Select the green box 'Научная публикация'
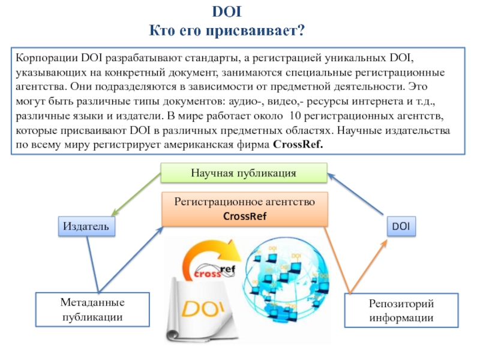[x=244, y=173]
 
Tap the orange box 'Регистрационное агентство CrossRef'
[x=244, y=209]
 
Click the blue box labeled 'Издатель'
[x=86, y=226]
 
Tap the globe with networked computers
[x=288, y=279]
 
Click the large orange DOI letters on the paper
[x=203, y=309]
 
